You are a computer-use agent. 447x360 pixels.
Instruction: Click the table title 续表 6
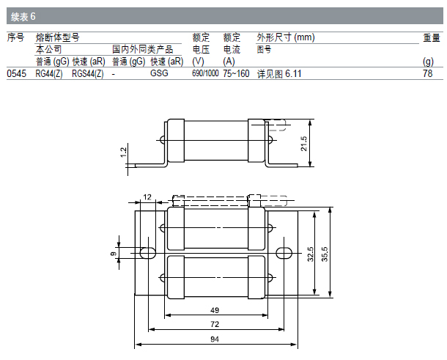(x=23, y=17)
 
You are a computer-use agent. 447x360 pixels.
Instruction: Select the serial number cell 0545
(x=17, y=73)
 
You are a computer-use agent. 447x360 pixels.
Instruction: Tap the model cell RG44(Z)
(x=49, y=73)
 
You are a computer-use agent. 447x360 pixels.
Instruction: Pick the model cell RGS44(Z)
(x=88, y=73)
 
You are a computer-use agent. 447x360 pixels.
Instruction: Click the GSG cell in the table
(x=159, y=73)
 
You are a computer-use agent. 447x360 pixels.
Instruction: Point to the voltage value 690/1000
(x=205, y=73)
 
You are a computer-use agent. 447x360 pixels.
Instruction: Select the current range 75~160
(x=236, y=73)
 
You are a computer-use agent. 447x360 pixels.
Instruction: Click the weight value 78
(x=428, y=73)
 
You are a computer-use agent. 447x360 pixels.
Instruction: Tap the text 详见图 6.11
(x=279, y=74)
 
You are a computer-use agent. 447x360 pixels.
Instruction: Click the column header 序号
(x=15, y=37)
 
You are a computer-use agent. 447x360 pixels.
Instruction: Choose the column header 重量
(x=432, y=37)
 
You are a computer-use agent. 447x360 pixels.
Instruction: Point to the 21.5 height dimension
(x=304, y=143)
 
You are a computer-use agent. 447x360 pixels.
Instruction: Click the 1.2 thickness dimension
(x=123, y=152)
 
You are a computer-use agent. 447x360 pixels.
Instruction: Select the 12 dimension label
(x=147, y=196)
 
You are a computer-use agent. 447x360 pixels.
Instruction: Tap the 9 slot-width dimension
(x=113, y=253)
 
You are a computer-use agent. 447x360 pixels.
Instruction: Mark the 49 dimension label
(x=215, y=310)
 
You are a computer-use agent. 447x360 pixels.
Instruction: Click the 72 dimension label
(x=215, y=324)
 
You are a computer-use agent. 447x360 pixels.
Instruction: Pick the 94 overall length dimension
(x=215, y=339)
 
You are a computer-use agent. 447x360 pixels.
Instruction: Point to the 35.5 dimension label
(x=325, y=254)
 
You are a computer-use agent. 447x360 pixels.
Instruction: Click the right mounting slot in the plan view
(x=284, y=253)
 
